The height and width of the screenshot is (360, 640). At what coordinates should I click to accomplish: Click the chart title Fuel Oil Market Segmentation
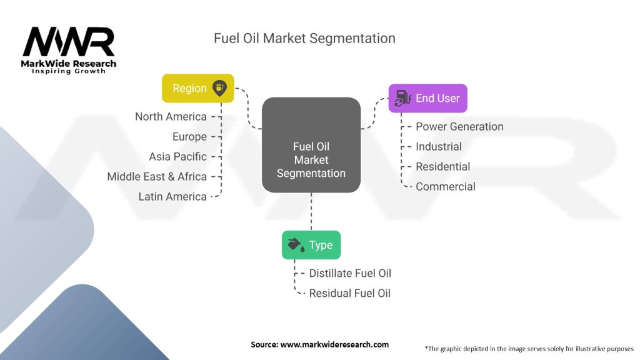pos(304,38)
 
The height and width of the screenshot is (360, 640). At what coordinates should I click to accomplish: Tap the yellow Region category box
pos(198,88)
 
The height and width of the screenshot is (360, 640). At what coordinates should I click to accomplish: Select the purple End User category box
pos(427,98)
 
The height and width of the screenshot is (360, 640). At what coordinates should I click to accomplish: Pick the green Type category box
pos(311,244)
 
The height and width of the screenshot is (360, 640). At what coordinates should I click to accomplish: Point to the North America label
pos(171,117)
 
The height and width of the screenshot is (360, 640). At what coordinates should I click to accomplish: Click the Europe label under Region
pos(189,137)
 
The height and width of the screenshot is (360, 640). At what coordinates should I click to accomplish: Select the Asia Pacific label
pos(177,157)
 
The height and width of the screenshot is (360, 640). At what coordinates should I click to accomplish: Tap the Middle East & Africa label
pos(156,177)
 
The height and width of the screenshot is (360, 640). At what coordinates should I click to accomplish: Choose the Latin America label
pos(172,197)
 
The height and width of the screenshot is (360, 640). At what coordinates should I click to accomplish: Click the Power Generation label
pos(459,127)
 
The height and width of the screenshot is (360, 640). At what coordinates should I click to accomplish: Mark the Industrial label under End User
pos(439,147)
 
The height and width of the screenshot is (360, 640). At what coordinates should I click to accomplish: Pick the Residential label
pos(442,167)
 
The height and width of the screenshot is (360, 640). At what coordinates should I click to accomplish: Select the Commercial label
pos(445,187)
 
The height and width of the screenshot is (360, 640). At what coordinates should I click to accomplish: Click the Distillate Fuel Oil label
pos(350,273)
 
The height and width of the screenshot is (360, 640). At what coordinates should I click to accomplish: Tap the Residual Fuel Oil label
pos(349,293)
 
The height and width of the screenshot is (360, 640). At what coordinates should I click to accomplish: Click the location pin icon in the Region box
pos(220,87)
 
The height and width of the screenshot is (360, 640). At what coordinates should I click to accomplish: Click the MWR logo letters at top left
pos(69,42)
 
